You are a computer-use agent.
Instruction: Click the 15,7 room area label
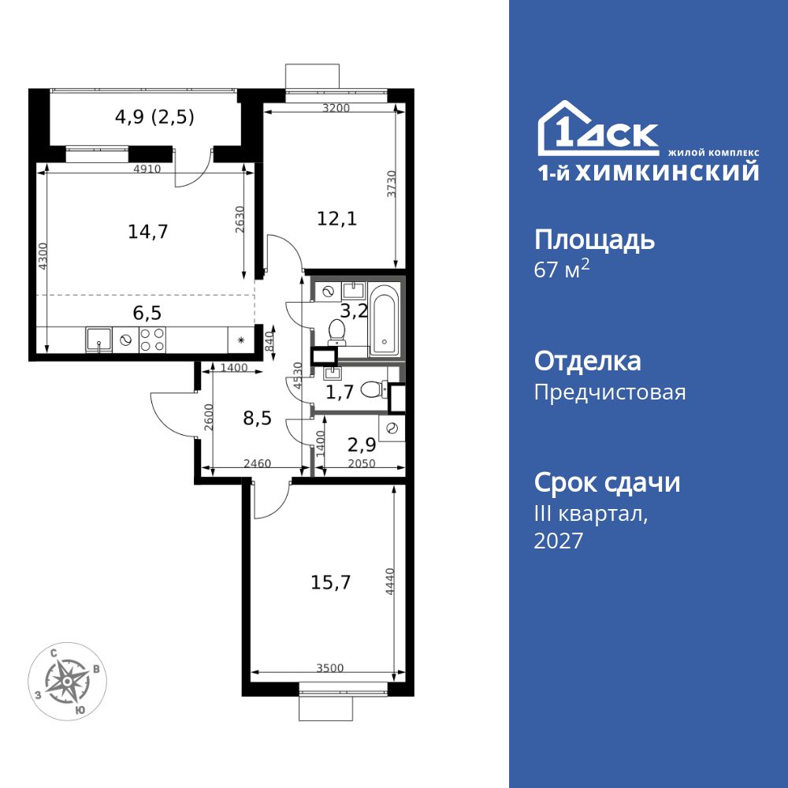point(331,583)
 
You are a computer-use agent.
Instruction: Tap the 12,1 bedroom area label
point(337,219)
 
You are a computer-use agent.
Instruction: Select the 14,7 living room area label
point(148,231)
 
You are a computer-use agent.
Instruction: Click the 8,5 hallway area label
point(257,418)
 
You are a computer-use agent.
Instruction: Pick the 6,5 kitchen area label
point(147,312)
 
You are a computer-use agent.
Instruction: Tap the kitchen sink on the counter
point(98,340)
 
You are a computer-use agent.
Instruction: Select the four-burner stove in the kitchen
point(152,340)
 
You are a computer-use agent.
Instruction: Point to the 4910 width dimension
point(147,169)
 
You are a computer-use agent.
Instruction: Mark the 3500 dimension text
point(330,668)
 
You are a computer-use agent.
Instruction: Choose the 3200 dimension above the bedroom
point(336,109)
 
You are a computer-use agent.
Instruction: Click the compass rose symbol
point(68,680)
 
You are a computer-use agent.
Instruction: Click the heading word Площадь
point(594,240)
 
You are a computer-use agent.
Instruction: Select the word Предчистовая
point(610,392)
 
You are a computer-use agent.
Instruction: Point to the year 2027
point(559,541)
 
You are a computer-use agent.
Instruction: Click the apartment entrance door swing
point(169,410)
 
